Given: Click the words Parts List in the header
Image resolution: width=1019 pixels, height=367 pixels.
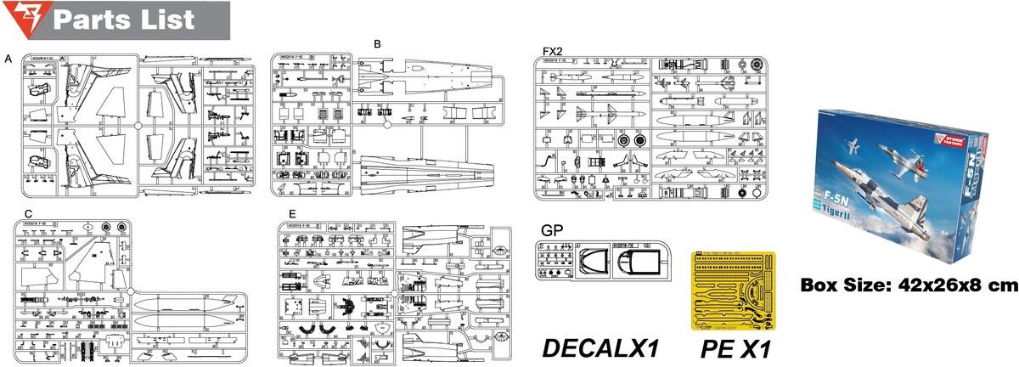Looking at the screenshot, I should point(123,19).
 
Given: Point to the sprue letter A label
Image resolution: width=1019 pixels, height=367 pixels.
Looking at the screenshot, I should point(8,59).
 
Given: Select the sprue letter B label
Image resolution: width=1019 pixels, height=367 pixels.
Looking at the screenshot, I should point(377,43).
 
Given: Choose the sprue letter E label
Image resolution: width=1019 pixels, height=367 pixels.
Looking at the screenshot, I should point(292,214).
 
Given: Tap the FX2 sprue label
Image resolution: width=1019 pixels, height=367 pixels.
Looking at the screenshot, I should point(553,51).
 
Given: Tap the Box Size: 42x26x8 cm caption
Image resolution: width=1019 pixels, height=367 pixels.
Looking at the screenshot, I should point(909,286).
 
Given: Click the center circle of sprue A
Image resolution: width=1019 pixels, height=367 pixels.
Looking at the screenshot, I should point(138,123).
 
